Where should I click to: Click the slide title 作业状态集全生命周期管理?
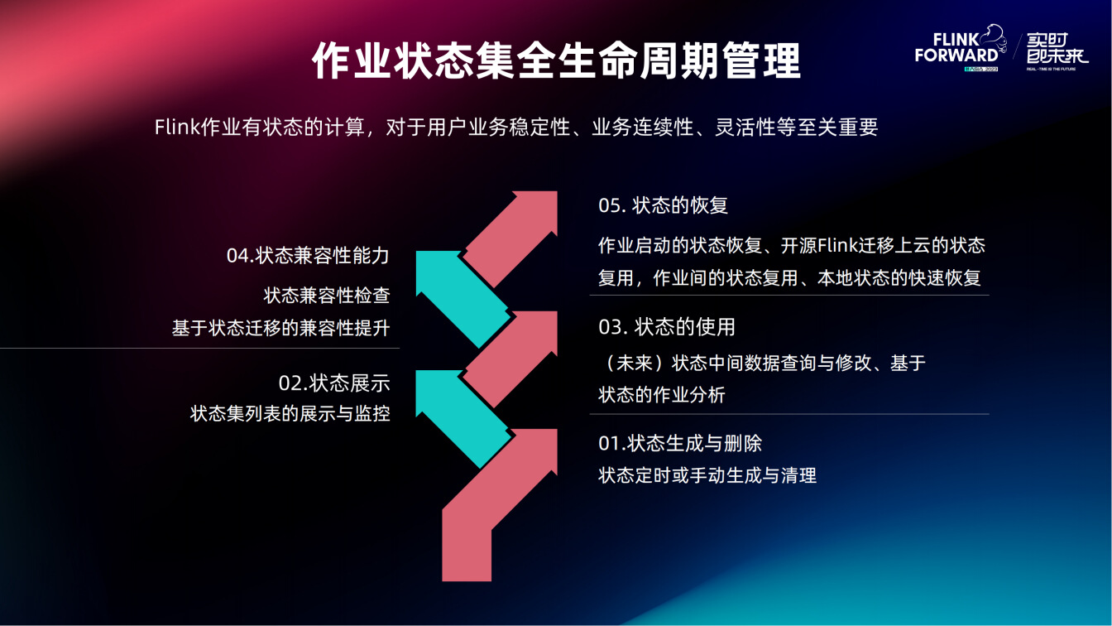[x=556, y=60]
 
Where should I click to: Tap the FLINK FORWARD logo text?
[x=956, y=47]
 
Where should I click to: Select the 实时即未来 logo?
[x=1057, y=48]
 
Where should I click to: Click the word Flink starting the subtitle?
[x=177, y=128]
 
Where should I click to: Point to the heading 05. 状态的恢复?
[x=664, y=205]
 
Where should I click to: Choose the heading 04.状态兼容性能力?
[x=308, y=255]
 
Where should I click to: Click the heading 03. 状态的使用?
[x=667, y=327]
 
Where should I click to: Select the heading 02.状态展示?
[x=334, y=383]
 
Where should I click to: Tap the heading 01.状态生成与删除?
[x=680, y=443]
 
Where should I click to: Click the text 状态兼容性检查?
[x=327, y=295]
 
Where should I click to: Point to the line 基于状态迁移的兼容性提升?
[x=281, y=328]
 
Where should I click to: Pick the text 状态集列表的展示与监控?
[x=290, y=413]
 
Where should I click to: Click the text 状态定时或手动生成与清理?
[x=707, y=475]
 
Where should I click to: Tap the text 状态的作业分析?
[x=662, y=395]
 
